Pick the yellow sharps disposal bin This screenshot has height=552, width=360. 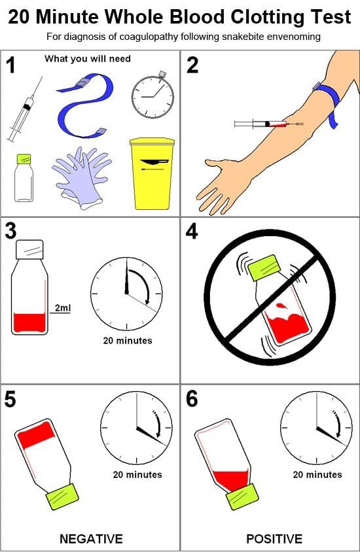(152, 173)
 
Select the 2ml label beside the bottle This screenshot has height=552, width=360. (62, 308)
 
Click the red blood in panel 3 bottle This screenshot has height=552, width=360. (29, 322)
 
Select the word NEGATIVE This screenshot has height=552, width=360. (91, 539)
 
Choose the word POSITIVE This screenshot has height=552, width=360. (274, 539)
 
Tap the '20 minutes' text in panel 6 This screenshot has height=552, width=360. (317, 474)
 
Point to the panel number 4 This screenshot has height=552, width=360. (192, 232)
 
